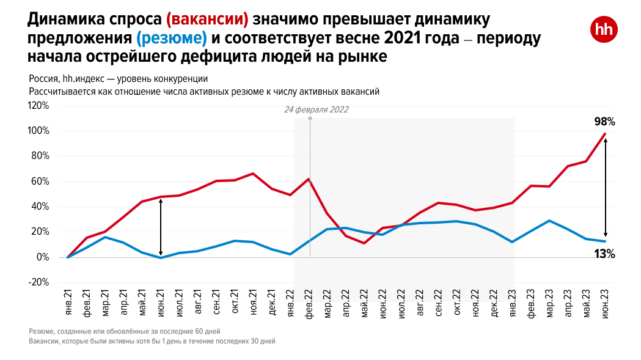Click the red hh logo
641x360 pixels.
(x=604, y=30)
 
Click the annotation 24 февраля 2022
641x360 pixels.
(x=316, y=110)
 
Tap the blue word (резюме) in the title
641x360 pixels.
(x=172, y=39)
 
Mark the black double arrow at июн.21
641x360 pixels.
(x=161, y=227)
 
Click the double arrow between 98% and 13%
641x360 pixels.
(x=605, y=187)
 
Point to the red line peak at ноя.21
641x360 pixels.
(x=253, y=174)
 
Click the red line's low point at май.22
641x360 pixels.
(x=364, y=243)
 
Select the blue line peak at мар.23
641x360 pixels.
(x=549, y=221)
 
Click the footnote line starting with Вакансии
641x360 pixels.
(x=152, y=341)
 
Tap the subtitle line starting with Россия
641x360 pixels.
(x=119, y=79)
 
